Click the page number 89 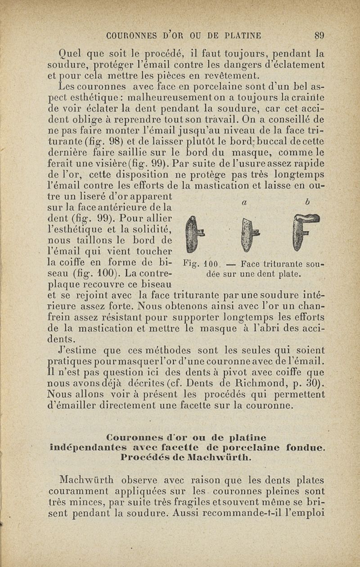[x=319, y=35]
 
